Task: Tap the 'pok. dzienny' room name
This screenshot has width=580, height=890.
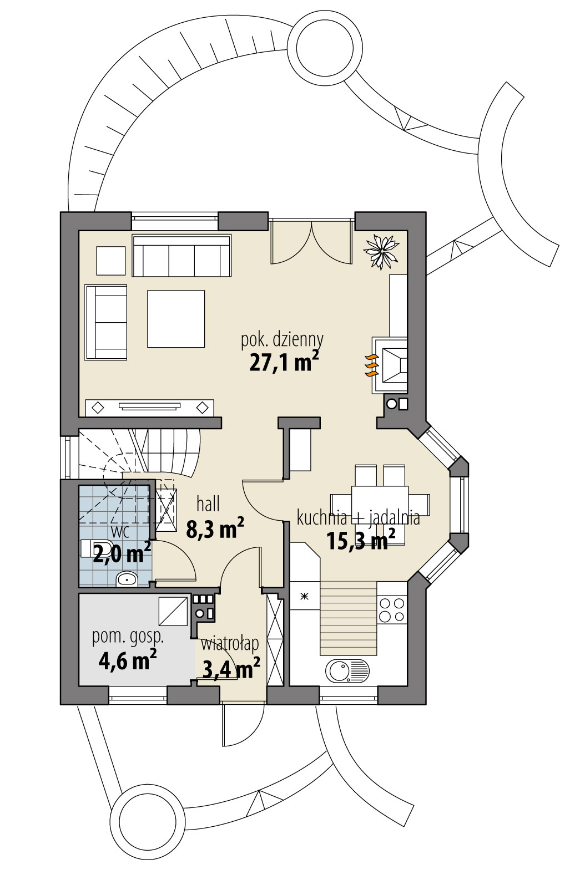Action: coord(282,339)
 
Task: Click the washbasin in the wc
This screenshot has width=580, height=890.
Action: coord(127,579)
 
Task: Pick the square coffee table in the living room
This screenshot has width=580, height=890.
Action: coord(175,319)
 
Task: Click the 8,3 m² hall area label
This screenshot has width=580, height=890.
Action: coord(215,529)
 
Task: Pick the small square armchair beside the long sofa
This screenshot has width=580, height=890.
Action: coord(110,260)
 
